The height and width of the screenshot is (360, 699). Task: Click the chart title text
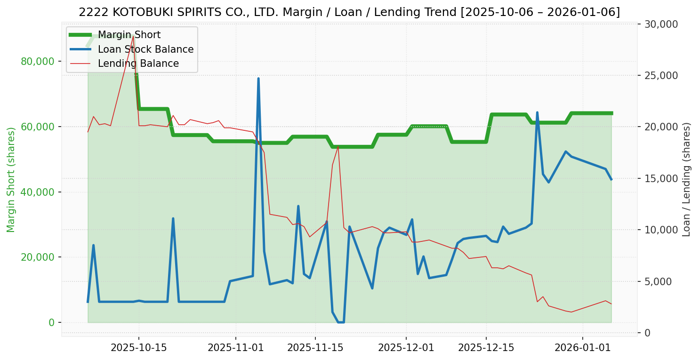point(349,12)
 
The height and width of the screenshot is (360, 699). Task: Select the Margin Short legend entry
point(129,35)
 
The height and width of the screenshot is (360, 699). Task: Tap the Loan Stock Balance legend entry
point(145,49)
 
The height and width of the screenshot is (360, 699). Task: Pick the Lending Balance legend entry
point(138,64)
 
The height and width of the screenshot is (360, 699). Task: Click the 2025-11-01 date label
point(235,347)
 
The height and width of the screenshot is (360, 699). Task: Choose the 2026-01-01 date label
point(583,347)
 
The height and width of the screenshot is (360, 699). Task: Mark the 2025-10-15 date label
point(138,347)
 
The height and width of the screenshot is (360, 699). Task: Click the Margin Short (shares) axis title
point(11,179)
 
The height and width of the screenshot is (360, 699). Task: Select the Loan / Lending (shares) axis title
point(687,179)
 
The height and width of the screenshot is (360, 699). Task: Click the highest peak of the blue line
point(258,79)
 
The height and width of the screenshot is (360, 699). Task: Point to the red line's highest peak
point(133,36)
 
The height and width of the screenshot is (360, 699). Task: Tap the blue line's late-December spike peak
point(537,112)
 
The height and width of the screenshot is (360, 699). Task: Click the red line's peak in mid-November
point(338,146)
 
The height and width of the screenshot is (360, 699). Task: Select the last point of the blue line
point(611,180)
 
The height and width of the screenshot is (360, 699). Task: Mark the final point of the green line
point(611,113)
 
